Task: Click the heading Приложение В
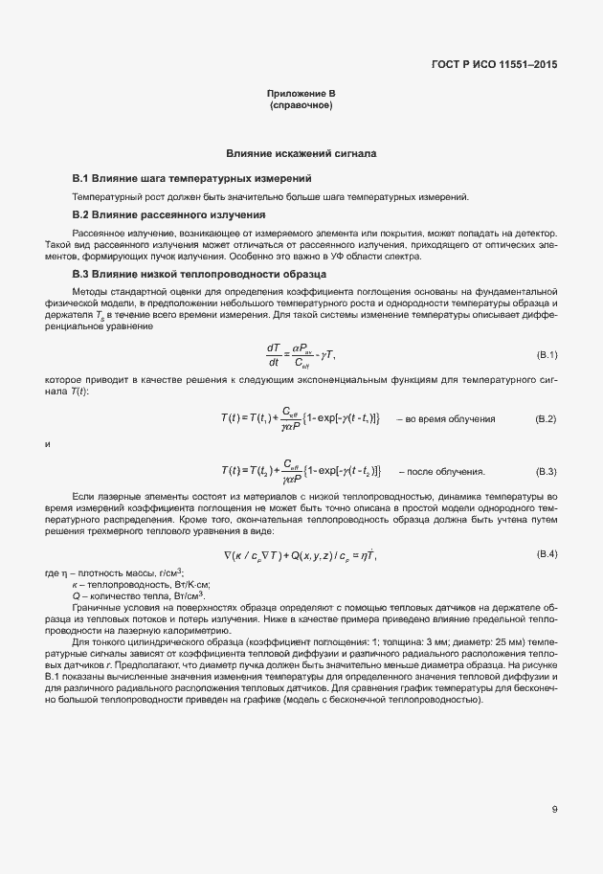tap(301, 93)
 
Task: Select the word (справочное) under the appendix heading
tap(301, 103)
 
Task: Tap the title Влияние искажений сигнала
tap(301, 153)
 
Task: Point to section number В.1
tap(80, 179)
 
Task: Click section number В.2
tap(80, 214)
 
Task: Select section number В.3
tap(80, 274)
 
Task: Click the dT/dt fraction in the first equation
tap(273, 355)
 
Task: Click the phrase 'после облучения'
tap(447, 472)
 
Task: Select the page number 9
tap(554, 810)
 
